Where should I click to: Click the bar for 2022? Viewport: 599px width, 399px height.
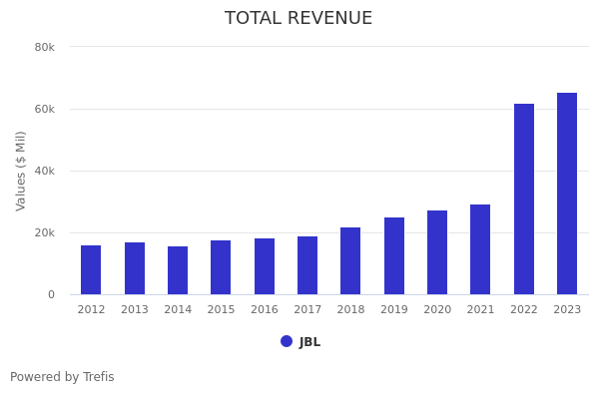point(524,199)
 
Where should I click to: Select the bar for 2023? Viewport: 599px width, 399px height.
point(567,194)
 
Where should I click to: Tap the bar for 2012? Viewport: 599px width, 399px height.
point(91,270)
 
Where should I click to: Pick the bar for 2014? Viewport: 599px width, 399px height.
point(178,270)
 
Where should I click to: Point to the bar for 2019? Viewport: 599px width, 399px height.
point(394,256)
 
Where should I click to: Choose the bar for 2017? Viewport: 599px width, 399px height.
point(307,265)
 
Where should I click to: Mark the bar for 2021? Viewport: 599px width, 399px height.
point(480,249)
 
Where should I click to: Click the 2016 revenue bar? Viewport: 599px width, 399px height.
point(265,266)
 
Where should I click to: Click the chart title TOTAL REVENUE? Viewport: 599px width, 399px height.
point(299,19)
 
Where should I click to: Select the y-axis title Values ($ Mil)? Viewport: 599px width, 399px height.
point(22,171)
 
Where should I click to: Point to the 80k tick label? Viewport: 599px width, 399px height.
point(44,47)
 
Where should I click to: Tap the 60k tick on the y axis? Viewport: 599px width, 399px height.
point(44,109)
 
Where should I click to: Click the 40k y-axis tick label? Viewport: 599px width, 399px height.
point(44,171)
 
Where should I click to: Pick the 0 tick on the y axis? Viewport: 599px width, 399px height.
point(50,294)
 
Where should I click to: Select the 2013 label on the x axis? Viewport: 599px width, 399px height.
point(135,310)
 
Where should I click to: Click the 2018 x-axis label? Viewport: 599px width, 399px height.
point(350,310)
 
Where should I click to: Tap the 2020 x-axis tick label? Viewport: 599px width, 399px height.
point(437,310)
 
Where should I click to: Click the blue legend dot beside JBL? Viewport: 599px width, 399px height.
point(287,341)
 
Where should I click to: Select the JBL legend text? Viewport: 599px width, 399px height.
point(309,342)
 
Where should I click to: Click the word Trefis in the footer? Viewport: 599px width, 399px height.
point(98,377)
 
